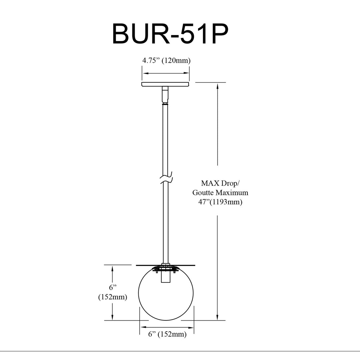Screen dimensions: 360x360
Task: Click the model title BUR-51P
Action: tap(170, 34)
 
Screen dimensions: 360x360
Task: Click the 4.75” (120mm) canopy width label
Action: tap(166, 60)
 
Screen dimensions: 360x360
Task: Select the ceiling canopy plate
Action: tap(165, 84)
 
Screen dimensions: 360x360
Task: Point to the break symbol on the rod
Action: tap(166, 178)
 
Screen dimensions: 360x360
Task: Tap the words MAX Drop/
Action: tap(220, 183)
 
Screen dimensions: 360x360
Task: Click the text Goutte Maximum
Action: tap(220, 192)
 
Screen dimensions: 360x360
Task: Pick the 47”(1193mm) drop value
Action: tap(220, 202)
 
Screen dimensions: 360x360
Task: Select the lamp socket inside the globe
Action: tap(166, 276)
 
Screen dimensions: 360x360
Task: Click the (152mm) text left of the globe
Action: tap(113, 297)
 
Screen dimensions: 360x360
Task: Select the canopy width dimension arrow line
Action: tap(166, 73)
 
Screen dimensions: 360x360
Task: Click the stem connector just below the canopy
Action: tap(165, 95)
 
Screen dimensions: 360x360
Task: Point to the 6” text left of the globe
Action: tap(113, 287)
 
